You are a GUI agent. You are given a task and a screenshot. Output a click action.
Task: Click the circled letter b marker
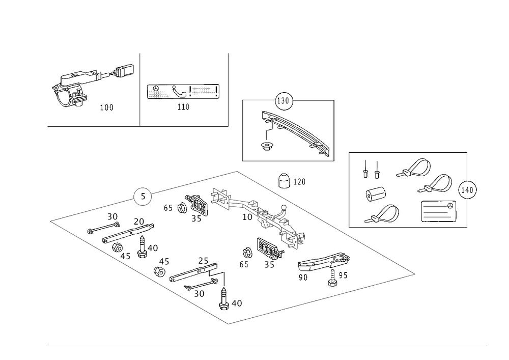point(143,196)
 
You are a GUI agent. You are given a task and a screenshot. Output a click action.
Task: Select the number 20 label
point(138,221)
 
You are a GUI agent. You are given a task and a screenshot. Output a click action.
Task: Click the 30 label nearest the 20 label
point(112,216)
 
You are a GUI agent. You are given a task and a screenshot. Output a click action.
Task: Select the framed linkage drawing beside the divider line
point(183,91)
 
